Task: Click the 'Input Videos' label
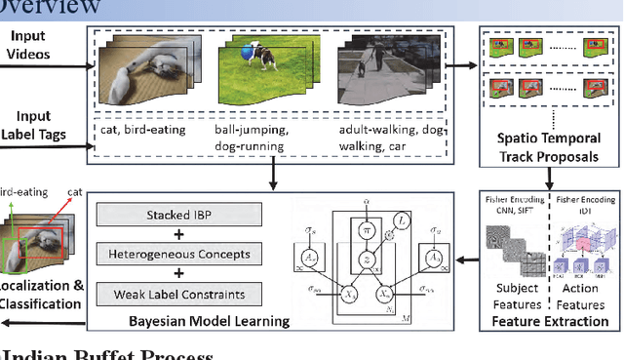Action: tap(33, 44)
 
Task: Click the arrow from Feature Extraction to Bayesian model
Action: tap(456, 260)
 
